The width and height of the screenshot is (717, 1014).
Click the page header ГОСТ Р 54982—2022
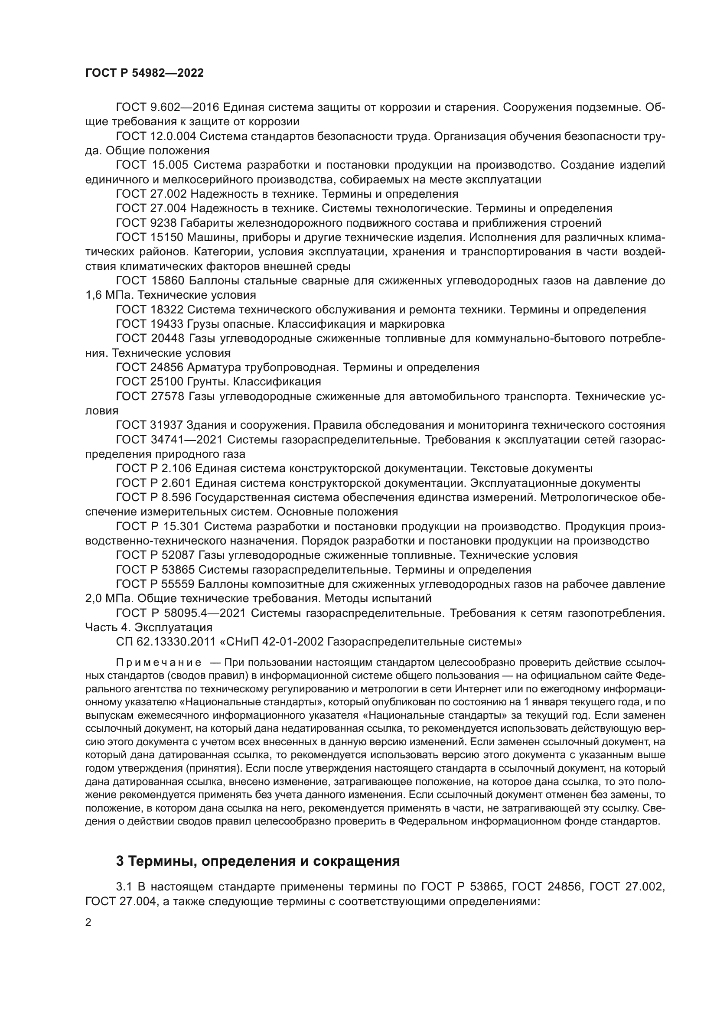tap(144, 73)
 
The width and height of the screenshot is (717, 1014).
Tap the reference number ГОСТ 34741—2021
tap(169, 440)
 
